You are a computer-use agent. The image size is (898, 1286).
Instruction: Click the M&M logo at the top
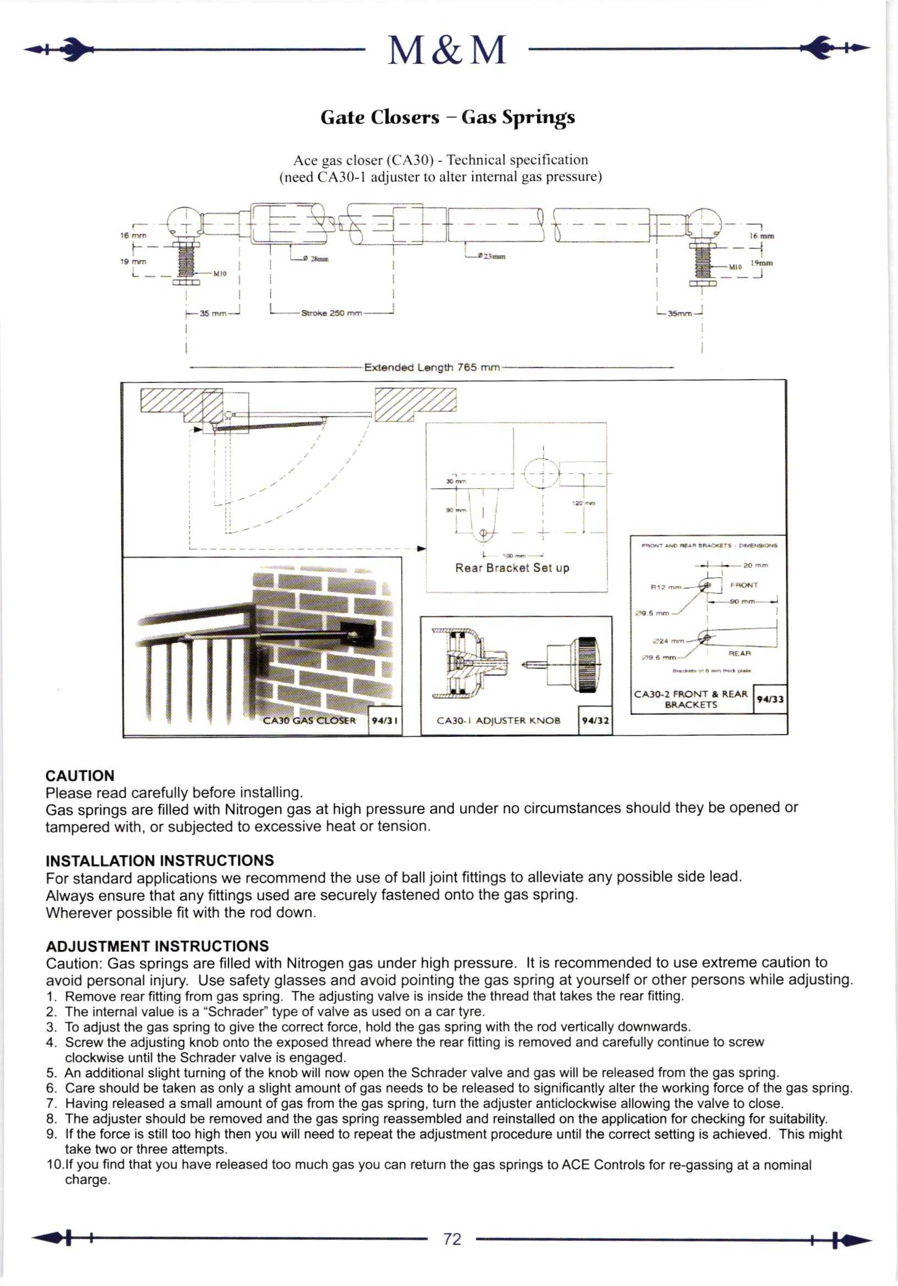coord(447,51)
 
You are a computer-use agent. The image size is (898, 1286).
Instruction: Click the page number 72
coord(452,1238)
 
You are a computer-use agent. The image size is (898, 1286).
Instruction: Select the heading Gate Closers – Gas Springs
coord(447,117)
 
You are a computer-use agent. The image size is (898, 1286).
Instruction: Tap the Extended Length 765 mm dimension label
coord(431,368)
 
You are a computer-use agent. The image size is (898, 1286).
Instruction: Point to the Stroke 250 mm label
coord(331,313)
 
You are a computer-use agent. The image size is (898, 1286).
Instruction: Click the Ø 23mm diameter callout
coord(491,256)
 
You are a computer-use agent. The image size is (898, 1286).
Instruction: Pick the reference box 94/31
coord(384,720)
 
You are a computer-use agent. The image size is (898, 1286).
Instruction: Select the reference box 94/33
coord(770,699)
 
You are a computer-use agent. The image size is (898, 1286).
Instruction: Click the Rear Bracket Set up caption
coord(512,568)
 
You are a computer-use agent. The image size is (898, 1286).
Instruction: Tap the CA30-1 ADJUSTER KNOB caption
coord(498,721)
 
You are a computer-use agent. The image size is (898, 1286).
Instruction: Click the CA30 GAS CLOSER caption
coord(309,721)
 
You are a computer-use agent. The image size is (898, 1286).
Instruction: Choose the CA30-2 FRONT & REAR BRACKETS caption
coord(691,699)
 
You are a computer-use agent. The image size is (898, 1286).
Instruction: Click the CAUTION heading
coord(80,776)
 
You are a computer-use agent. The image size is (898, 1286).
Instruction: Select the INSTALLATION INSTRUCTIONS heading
coord(160,861)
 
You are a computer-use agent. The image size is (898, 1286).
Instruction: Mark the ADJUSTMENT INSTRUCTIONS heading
coord(157,946)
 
